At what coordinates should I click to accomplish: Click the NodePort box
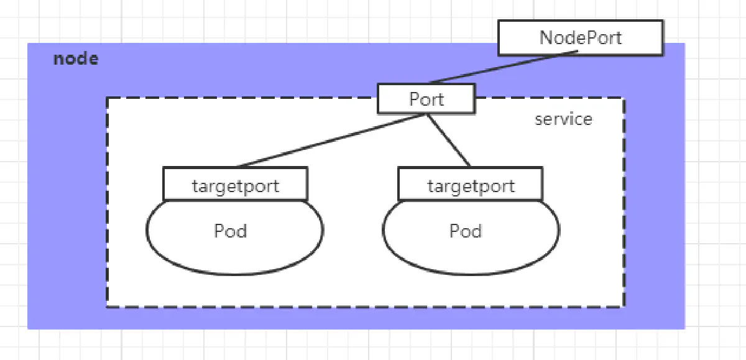tap(580, 38)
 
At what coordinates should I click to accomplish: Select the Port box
tap(426, 99)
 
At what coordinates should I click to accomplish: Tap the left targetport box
tap(235, 183)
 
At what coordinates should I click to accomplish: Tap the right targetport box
tap(471, 183)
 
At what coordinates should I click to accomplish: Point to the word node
tap(76, 59)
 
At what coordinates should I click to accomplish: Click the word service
tap(563, 119)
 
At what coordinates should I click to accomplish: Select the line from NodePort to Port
tap(504, 67)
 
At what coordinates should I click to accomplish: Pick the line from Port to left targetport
tap(329, 141)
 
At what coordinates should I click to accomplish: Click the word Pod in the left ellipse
tap(231, 231)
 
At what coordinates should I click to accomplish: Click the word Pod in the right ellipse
tap(466, 231)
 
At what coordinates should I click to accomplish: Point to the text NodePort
tap(580, 37)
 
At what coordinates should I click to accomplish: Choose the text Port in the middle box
tap(426, 99)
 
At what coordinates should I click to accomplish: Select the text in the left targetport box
tap(235, 185)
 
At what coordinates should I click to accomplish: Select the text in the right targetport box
tap(471, 185)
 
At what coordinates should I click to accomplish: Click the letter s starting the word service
tap(538, 119)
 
